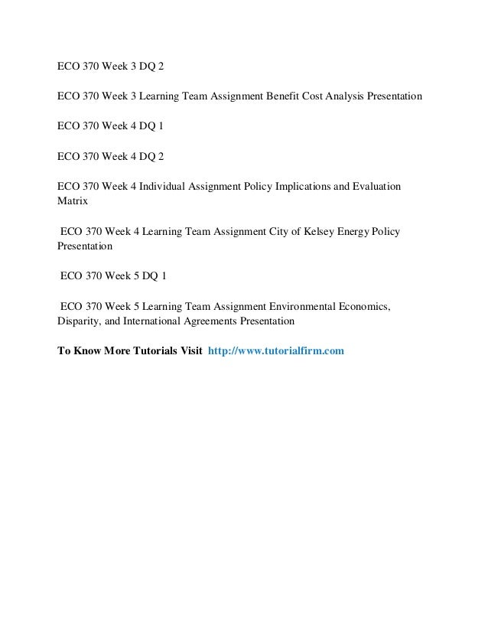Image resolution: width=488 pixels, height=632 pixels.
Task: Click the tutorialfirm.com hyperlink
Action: pyautogui.click(x=276, y=351)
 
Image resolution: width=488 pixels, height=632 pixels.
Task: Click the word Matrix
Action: pyautogui.click(x=73, y=203)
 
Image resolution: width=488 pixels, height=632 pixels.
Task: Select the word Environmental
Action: pyautogui.click(x=295, y=307)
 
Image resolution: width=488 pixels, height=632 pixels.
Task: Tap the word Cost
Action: pyautogui.click(x=317, y=97)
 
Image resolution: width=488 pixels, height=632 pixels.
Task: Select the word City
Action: pyautogui.click(x=268, y=231)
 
